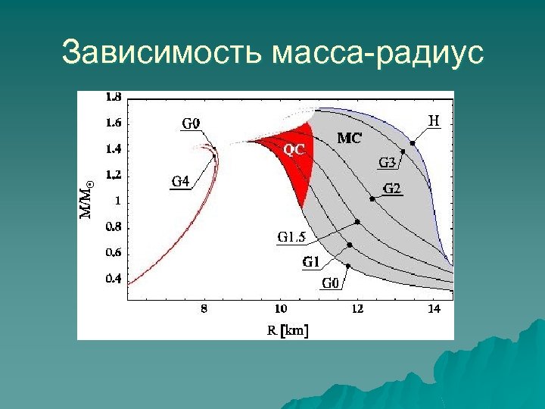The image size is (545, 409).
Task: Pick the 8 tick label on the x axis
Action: coord(204,309)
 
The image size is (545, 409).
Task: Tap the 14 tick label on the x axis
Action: coord(434,309)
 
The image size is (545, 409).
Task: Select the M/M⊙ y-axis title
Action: coord(87,198)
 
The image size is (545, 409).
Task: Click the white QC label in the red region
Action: coord(294,150)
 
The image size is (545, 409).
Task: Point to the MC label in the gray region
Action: coord(349,138)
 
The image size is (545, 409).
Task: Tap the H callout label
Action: coord(434,120)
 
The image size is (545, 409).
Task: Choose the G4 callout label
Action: coord(180,180)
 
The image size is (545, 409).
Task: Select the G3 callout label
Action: coord(387,162)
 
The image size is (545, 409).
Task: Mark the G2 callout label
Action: coord(391,189)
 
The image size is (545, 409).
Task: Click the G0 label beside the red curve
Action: coord(191,123)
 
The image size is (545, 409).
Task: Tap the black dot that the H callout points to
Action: coord(413,143)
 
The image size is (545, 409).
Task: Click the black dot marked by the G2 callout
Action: coord(372,198)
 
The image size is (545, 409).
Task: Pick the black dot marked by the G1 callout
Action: coord(350,245)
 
